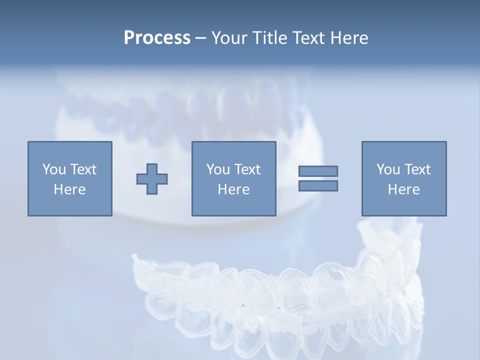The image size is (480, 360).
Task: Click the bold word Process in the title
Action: [157, 38]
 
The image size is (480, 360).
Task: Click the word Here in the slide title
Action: [349, 38]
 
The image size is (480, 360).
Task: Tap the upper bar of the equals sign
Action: [318, 171]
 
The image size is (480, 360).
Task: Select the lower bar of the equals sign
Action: [318, 186]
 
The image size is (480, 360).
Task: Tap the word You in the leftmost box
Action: [53, 169]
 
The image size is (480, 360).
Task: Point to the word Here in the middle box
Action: [233, 189]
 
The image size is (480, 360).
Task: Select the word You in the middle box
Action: [217, 169]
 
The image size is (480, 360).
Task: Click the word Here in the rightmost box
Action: [403, 189]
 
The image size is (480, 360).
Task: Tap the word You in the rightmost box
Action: [387, 169]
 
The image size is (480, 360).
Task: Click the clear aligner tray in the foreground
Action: [280, 300]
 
